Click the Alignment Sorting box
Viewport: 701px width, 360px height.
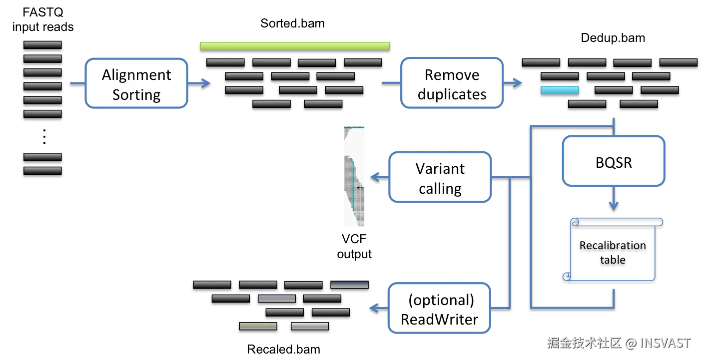tap(136, 84)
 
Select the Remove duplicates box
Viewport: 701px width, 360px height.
tap(452, 83)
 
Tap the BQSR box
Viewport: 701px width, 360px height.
tap(614, 161)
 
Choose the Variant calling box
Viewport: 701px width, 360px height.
tap(440, 178)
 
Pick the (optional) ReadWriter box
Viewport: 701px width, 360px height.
tap(440, 309)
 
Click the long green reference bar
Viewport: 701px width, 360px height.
tap(295, 45)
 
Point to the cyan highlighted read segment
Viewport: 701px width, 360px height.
tap(560, 90)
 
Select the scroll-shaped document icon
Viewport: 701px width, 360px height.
tap(613, 249)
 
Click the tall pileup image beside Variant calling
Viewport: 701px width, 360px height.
tap(356, 176)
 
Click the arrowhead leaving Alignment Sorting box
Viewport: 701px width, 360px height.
tap(205, 83)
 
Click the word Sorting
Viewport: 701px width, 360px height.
tap(136, 95)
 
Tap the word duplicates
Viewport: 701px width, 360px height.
tap(452, 94)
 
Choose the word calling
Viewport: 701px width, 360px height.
tap(440, 189)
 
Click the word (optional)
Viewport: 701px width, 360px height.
tap(441, 300)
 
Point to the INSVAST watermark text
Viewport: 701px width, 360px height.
tap(664, 343)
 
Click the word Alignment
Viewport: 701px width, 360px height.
tap(136, 75)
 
